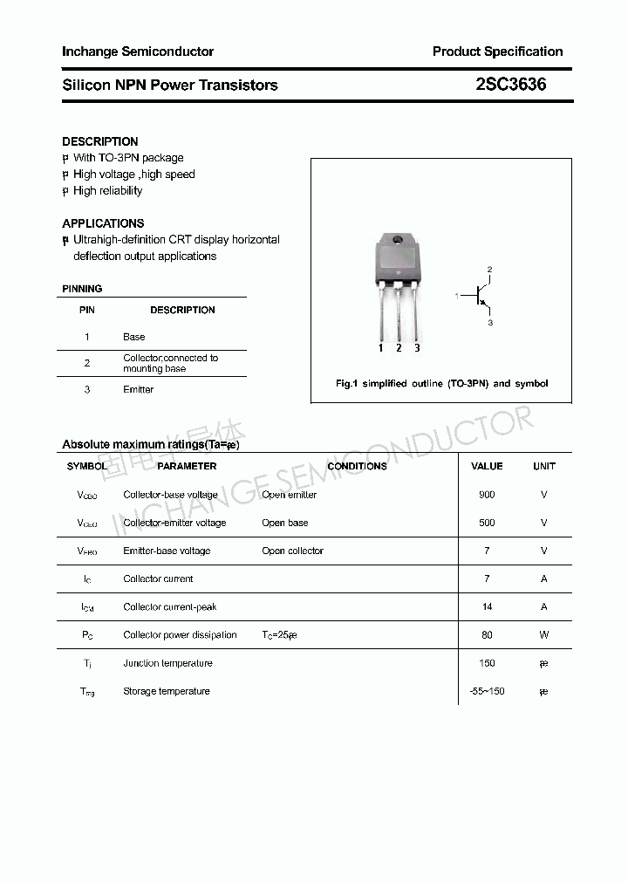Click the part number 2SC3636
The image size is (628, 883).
511,85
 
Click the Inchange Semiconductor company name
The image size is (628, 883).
138,51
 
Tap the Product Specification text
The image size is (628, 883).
497,51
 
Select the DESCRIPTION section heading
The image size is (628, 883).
100,141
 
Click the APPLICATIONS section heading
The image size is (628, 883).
103,223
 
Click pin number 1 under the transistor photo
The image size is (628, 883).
381,348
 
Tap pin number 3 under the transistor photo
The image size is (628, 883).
417,348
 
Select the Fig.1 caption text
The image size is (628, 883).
441,384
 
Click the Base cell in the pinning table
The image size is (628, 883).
134,337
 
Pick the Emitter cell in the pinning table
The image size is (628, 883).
138,390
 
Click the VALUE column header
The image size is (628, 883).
487,466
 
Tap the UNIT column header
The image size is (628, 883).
543,466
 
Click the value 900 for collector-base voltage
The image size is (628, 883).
487,495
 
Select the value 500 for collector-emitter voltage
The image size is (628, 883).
487,523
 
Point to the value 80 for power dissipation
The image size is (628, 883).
487,635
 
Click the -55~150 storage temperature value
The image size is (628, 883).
487,691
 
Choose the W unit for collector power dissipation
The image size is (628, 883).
543,635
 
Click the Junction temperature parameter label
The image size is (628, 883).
167,663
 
